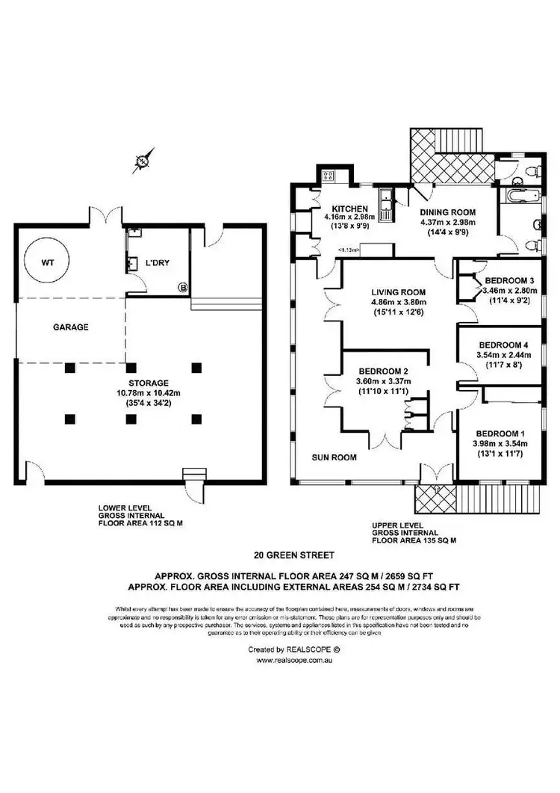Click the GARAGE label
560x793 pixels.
(71, 327)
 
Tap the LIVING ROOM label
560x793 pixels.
(398, 292)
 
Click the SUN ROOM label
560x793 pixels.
(335, 457)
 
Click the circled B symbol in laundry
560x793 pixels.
(181, 286)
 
